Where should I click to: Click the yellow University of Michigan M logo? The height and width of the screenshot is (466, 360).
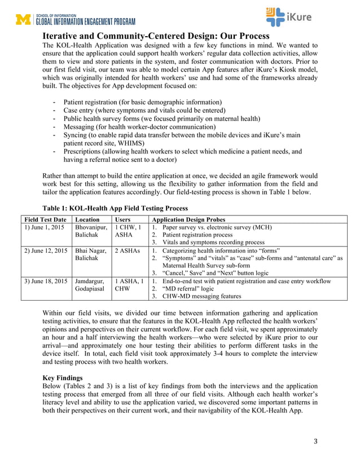pyautogui.click(x=24, y=20)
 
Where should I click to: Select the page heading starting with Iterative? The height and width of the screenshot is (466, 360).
pyautogui.click(x=156, y=36)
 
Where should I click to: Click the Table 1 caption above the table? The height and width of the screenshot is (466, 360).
pyautogui.click(x=116, y=208)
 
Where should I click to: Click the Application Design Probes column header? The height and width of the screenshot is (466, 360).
pyautogui.click(x=188, y=219)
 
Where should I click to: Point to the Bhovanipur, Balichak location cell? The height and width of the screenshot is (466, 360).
pyautogui.click(x=91, y=232)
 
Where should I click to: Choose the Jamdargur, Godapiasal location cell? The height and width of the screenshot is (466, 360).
pyautogui.click(x=91, y=285)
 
